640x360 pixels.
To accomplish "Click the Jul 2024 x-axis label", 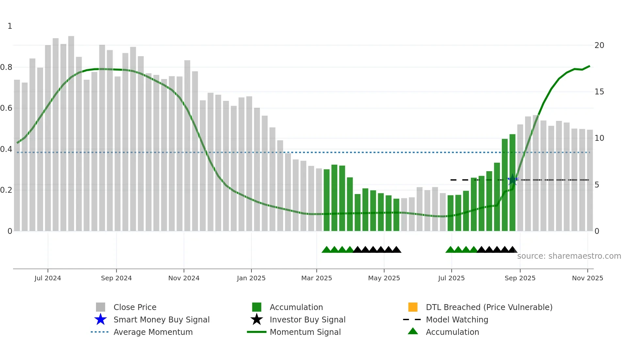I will (x=48, y=278).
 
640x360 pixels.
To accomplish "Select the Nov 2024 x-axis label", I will (x=184, y=278).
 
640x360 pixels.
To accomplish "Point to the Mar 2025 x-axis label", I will (x=316, y=278).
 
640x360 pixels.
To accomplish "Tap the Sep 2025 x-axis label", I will (x=520, y=278).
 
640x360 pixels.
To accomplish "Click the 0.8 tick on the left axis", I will (x=6, y=67).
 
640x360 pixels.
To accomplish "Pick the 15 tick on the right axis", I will (x=599, y=92).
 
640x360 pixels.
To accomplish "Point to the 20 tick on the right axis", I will (x=599, y=45).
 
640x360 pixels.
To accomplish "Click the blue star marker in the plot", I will (x=513, y=180).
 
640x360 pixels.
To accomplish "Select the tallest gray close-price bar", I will (x=71, y=131).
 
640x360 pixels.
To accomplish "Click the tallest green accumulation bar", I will (x=512, y=183).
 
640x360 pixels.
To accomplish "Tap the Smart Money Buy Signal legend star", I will (x=101, y=319).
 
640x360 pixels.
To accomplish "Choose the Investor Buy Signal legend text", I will (x=307, y=319).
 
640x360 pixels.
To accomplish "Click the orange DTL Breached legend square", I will (x=413, y=307).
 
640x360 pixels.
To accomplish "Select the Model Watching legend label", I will (x=457, y=319).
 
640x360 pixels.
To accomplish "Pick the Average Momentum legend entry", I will (x=153, y=332).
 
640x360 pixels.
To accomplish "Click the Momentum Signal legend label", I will (x=305, y=332).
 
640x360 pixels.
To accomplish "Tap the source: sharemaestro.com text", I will (x=569, y=256).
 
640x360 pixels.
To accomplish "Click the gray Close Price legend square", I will (x=101, y=307).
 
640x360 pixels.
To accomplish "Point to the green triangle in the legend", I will (x=413, y=331).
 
